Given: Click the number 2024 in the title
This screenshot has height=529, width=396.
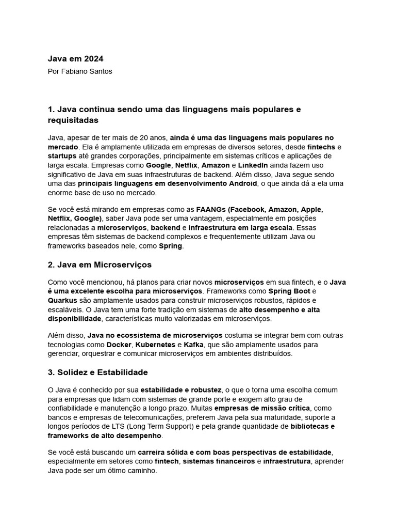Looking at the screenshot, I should [94, 59].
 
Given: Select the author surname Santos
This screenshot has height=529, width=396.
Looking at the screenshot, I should [100, 71].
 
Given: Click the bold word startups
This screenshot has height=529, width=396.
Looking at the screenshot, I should [62, 155].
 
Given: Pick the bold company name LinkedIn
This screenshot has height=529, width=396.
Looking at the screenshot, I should [253, 165].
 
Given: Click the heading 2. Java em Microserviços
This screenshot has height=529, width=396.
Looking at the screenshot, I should [100, 264].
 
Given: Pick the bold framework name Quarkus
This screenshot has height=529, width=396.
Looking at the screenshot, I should [62, 300].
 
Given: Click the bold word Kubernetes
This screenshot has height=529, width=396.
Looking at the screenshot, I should [155, 344].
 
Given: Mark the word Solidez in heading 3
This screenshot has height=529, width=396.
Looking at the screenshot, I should [76, 372].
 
